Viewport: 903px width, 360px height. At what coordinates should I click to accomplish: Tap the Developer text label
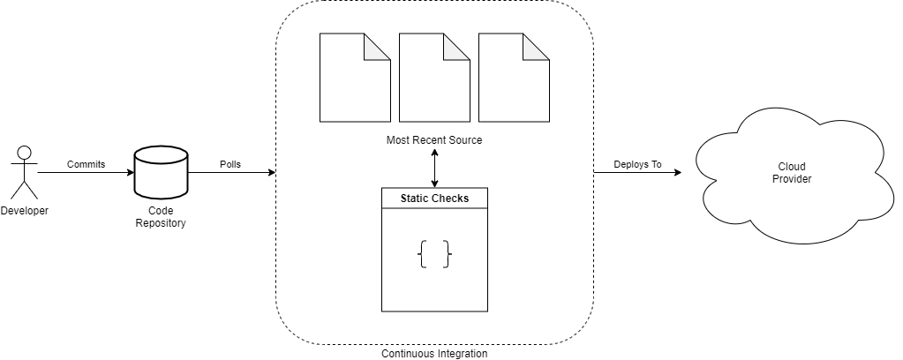(x=25, y=211)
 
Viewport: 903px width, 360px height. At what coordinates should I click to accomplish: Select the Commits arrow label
(x=86, y=164)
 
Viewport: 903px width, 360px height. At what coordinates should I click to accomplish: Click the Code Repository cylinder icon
(x=161, y=173)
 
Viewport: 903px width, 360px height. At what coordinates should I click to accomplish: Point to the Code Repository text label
(x=161, y=217)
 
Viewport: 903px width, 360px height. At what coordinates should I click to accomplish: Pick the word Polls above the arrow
(x=230, y=164)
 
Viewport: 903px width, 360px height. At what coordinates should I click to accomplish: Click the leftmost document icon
(x=354, y=78)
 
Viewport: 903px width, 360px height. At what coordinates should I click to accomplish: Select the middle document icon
(x=433, y=78)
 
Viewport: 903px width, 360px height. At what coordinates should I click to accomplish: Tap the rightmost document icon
(x=513, y=78)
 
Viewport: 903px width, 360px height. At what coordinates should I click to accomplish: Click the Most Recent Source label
(x=434, y=140)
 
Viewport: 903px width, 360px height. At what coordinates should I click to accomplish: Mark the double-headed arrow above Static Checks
(x=434, y=168)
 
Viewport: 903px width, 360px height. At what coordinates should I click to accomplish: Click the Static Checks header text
(x=434, y=199)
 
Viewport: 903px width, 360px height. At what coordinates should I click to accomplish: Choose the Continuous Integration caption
(x=434, y=354)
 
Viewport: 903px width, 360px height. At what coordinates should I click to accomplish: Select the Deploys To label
(x=637, y=164)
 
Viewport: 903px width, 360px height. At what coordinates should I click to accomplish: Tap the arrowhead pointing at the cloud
(x=678, y=173)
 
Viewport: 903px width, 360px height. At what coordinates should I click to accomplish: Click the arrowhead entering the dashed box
(x=271, y=173)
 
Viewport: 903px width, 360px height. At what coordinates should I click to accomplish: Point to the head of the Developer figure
(x=25, y=152)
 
